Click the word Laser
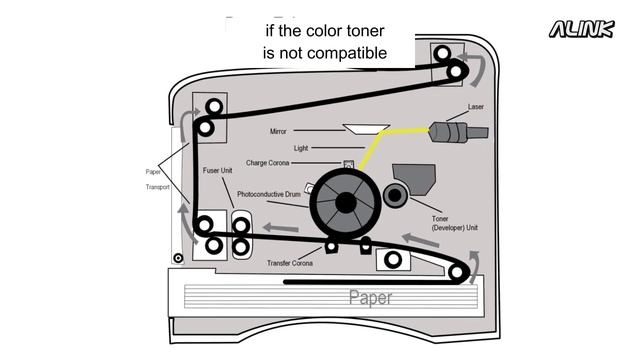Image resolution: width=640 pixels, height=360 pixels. point(476,108)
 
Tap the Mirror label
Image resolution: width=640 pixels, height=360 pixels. point(278,132)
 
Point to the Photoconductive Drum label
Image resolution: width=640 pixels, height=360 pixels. point(270,193)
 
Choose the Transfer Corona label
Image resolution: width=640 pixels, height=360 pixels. point(290,263)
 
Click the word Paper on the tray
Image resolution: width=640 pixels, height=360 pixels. point(370,297)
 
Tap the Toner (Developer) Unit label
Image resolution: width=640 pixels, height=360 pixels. point(455,223)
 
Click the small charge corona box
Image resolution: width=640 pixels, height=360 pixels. point(348,163)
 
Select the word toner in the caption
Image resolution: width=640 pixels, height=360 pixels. point(359,31)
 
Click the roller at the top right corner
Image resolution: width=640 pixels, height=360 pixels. point(457,71)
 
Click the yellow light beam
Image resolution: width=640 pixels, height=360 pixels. point(380,149)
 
